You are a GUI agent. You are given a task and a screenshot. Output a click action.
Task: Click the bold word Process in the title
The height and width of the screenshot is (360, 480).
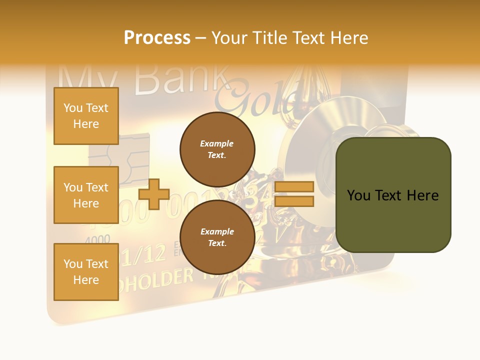(157, 38)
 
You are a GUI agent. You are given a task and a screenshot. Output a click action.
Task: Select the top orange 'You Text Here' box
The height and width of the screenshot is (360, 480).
(86, 116)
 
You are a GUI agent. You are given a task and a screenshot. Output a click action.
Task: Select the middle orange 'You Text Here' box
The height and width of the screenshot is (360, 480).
(86, 195)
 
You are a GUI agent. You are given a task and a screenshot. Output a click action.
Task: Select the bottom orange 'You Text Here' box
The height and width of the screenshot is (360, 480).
(86, 272)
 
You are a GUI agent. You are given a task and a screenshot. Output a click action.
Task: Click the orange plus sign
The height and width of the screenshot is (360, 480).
(154, 194)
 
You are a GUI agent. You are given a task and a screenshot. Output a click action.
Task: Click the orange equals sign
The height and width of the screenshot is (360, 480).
(294, 194)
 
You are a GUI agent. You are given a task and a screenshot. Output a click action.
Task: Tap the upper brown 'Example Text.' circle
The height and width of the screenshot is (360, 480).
(217, 149)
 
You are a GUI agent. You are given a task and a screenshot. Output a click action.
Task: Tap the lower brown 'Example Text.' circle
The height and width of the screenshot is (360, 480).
(217, 237)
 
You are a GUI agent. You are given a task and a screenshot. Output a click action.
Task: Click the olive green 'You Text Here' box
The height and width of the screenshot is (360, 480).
(393, 195)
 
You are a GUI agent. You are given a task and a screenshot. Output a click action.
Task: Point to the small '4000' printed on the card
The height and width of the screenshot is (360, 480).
(97, 239)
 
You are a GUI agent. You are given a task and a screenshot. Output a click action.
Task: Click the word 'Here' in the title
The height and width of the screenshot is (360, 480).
(348, 38)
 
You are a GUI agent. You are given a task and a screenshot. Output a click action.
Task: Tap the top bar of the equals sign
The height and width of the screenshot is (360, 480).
(294, 187)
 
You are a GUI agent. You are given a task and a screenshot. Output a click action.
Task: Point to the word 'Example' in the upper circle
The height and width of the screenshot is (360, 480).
(217, 143)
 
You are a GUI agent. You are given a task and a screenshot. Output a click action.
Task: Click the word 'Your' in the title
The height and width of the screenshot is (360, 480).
(229, 38)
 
